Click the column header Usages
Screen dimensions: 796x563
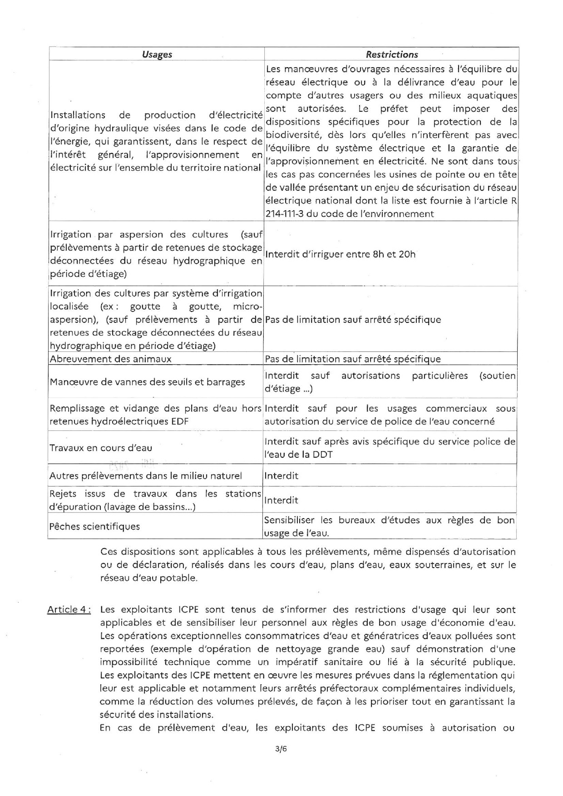(157, 54)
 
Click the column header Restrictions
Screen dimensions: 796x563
(392, 54)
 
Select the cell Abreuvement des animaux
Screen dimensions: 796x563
(111, 359)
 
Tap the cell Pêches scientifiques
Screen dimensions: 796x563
(94, 527)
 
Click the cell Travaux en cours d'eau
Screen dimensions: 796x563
(101, 448)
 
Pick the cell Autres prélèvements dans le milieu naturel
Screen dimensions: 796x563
(146, 476)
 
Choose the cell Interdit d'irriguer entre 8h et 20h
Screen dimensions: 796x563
(340, 254)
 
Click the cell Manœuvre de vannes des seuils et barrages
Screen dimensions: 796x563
(147, 382)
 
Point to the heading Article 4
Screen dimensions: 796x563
(69, 609)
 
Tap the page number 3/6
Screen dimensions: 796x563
(281, 749)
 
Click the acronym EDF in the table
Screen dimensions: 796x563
(180, 421)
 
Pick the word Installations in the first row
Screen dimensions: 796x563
(78, 115)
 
